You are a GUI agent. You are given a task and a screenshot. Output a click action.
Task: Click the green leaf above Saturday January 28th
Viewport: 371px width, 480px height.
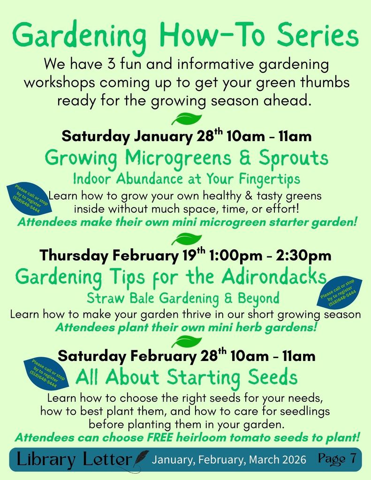(x=186, y=119)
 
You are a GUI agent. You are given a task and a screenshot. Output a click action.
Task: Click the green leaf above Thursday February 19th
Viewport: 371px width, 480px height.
(x=186, y=240)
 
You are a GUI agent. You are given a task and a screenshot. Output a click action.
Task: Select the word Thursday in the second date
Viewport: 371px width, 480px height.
(x=74, y=256)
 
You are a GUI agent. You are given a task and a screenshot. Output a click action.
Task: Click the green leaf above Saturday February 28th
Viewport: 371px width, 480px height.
(x=186, y=341)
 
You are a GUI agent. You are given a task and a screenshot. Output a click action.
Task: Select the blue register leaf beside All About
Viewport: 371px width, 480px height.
(x=47, y=373)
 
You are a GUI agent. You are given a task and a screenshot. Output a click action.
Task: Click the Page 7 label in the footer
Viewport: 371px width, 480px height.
(x=337, y=458)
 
